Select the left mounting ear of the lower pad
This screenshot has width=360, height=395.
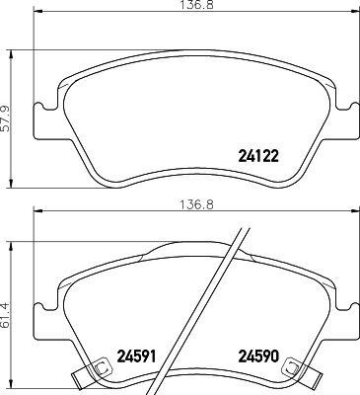(x=42, y=316)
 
